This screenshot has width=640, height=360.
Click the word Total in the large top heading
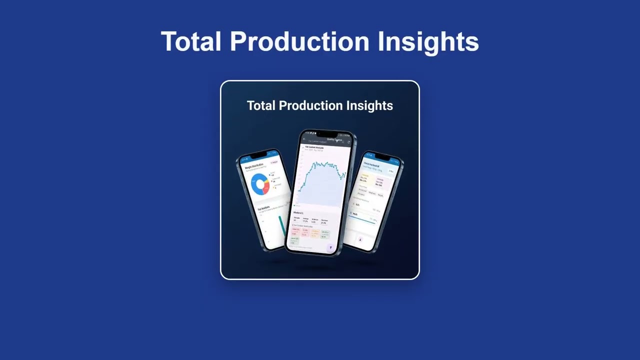[190, 41]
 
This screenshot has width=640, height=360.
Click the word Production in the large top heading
[299, 41]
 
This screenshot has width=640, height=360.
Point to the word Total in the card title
[261, 105]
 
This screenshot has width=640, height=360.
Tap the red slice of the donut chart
[266, 188]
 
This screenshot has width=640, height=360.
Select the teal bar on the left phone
[282, 225]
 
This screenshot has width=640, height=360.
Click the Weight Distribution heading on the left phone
[254, 165]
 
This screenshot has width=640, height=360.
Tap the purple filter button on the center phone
[330, 247]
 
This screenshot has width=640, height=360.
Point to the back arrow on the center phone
[304, 140]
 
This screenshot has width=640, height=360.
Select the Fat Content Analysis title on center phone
[314, 147]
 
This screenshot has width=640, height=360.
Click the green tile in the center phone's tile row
[325, 233]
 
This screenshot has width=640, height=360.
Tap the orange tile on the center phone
[315, 233]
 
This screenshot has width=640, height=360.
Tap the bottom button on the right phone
[360, 240]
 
